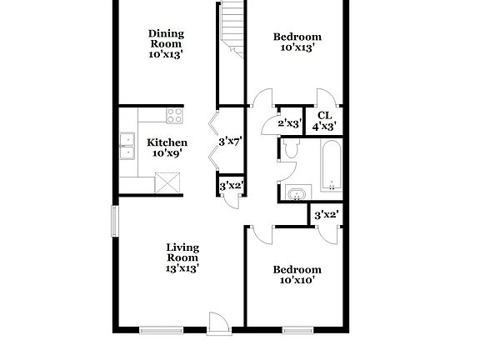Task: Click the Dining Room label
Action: [166, 43]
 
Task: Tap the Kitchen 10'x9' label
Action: [167, 147]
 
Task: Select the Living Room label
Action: [182, 257]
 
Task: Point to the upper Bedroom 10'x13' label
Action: [297, 42]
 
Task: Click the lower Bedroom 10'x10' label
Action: [297, 275]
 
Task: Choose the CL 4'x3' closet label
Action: [324, 121]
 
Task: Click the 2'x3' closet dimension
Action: [288, 124]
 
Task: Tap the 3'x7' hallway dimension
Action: [229, 142]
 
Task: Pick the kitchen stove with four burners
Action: [174, 115]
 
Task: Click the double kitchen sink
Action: [127, 146]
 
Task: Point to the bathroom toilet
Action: [290, 150]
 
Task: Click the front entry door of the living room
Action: [218, 323]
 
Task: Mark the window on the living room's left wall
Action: [115, 221]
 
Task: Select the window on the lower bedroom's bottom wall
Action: [297, 330]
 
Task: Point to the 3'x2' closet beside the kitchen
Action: [230, 185]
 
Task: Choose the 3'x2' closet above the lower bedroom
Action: [325, 214]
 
